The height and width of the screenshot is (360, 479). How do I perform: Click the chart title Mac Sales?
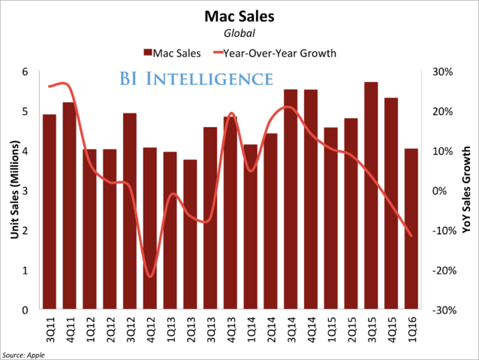pos(239,15)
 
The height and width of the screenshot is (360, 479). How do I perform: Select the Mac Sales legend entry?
pos(171,53)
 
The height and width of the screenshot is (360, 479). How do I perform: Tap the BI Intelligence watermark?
pos(195,79)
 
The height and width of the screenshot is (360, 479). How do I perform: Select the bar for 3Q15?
pos(371,195)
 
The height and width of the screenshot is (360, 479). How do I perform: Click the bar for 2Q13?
pos(191,234)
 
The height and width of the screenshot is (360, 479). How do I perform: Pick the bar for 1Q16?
pos(411,229)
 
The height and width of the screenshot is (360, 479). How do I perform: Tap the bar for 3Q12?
pos(130,211)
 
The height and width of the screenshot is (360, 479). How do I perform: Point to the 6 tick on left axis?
pos(26,72)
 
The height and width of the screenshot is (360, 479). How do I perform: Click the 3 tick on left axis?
pos(26,191)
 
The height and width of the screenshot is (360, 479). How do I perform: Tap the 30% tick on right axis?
pos(442,72)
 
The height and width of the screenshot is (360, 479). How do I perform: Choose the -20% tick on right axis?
pos(442,271)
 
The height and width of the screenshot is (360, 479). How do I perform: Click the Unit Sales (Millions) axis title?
pos(13,192)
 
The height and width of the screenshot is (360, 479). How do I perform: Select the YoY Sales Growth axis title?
pos(466,192)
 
